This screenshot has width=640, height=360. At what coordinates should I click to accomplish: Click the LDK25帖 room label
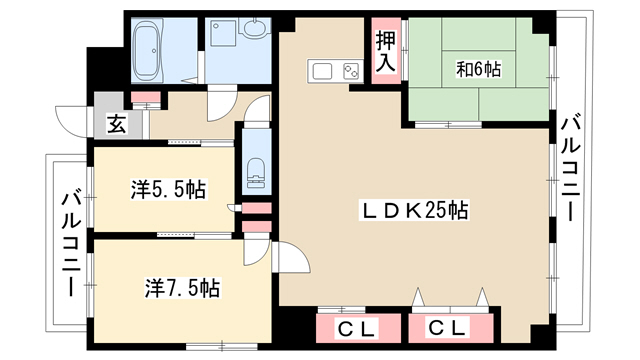coord(414,210)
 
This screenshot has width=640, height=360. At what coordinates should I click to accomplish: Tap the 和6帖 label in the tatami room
coord(478,69)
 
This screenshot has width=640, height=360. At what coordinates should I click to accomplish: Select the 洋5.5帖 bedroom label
coord(168,189)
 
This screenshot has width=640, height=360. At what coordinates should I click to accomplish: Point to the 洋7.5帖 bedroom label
coord(182,288)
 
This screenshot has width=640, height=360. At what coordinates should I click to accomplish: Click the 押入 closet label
coord(386,51)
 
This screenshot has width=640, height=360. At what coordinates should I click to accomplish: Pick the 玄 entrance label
coord(116,124)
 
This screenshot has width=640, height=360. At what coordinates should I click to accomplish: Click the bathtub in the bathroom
coord(147,49)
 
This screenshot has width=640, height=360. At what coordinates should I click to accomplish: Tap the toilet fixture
coord(256,173)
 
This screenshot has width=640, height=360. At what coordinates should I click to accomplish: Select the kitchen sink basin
coord(322,71)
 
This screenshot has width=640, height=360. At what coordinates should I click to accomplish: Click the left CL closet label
coord(356,328)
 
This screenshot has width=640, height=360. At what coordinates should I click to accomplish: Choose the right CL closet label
coord(447,327)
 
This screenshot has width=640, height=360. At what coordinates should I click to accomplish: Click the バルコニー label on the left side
coord(72,244)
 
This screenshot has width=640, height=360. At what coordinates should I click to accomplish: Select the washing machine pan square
coord(223,33)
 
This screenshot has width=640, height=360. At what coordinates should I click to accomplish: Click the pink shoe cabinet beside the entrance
coord(146,97)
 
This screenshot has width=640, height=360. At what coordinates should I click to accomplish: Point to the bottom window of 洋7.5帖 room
coord(222,347)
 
